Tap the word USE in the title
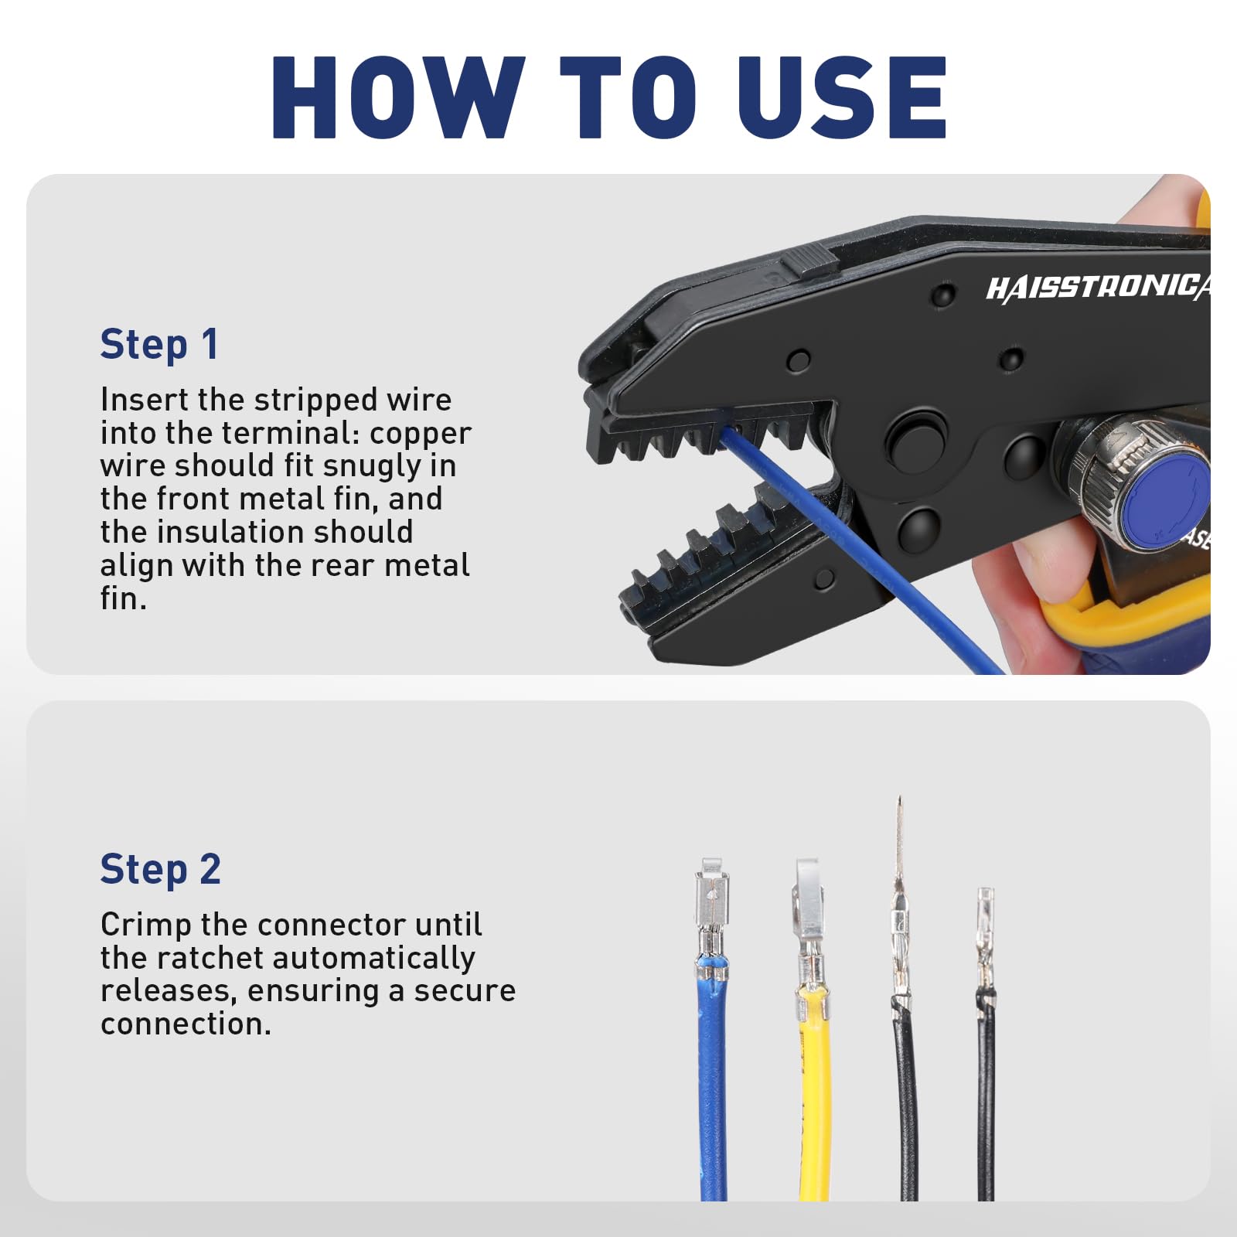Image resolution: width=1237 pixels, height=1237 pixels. coord(842,97)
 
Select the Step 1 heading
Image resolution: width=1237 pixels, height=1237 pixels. coord(159,344)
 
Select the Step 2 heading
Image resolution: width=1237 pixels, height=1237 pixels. coord(161,869)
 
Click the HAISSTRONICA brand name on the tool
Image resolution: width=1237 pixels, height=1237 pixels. coord(1098,288)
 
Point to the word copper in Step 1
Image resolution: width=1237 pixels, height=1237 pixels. coord(421,434)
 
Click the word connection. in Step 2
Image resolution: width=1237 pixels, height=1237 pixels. coord(186,1024)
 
